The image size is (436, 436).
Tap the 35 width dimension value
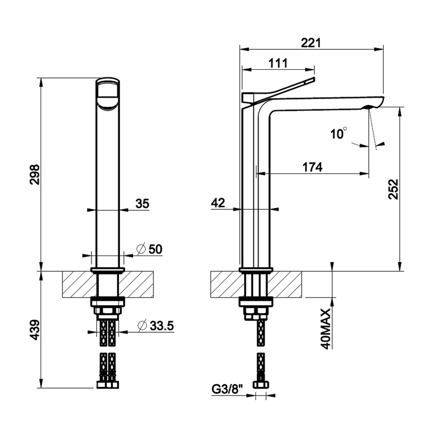(x=142, y=204)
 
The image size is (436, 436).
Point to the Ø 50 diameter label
(x=149, y=249)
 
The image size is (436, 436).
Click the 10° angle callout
(x=339, y=134)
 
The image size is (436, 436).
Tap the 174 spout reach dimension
(x=312, y=167)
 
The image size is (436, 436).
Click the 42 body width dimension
(x=218, y=203)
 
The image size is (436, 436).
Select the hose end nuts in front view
(x=108, y=385)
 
